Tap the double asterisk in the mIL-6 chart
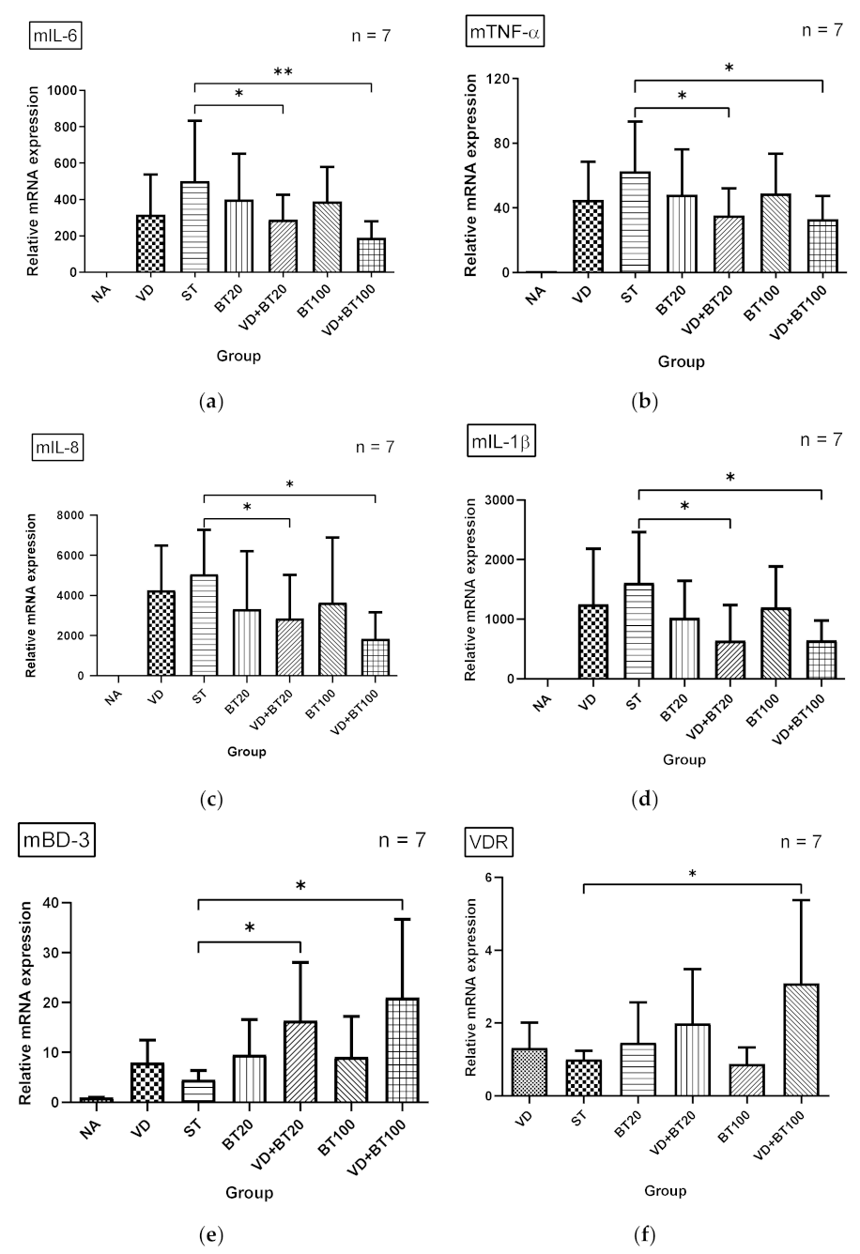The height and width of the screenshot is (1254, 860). pos(282,72)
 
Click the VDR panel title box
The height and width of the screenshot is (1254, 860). pos(487,843)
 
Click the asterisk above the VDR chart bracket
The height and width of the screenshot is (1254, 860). pos(692,875)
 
